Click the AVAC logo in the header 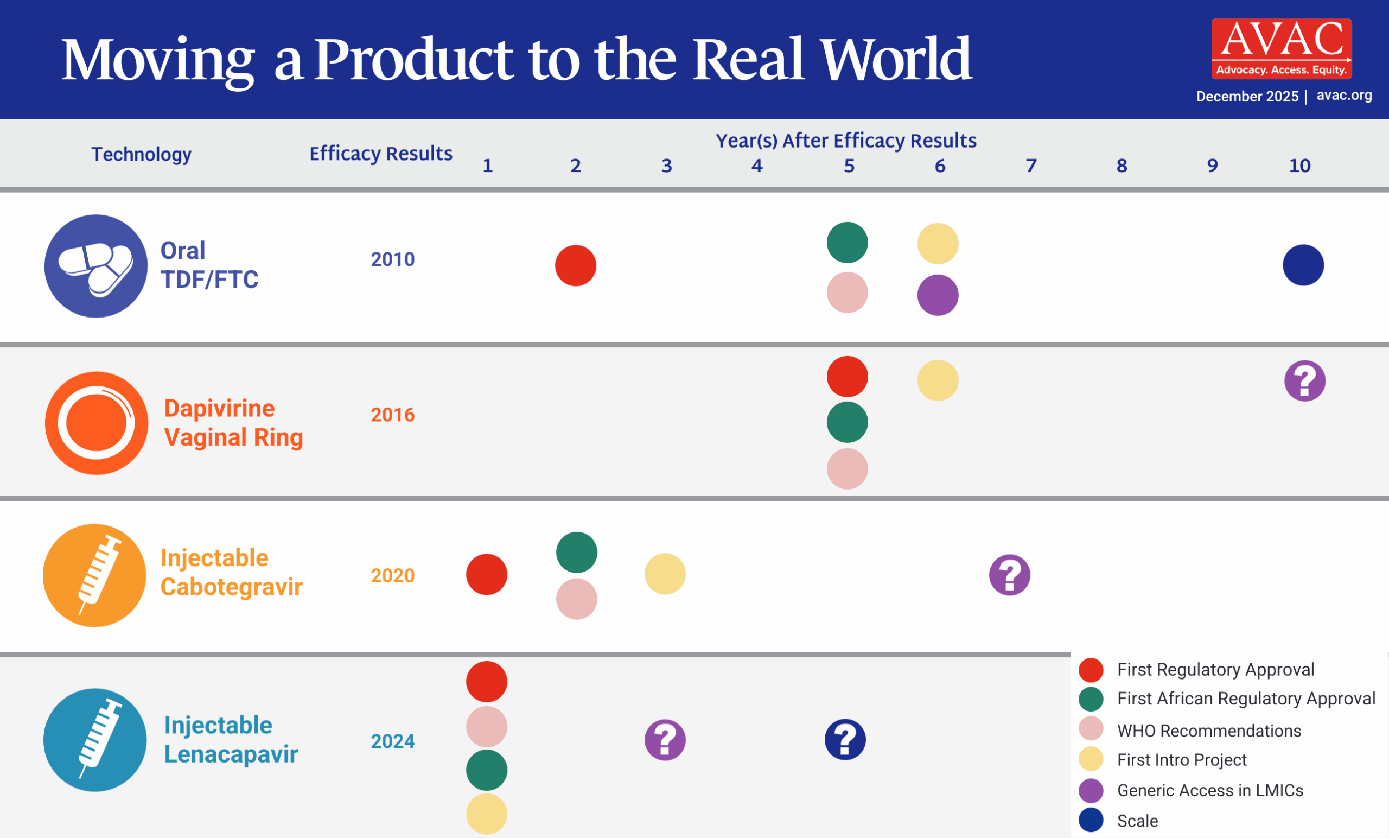click(1281, 48)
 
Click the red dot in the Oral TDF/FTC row click(576, 265)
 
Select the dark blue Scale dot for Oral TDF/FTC click(1303, 265)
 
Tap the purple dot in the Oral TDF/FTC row click(938, 295)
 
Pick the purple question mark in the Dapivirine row click(1304, 380)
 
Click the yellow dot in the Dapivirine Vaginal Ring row click(938, 380)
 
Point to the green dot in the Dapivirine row click(847, 422)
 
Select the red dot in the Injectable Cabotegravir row click(487, 575)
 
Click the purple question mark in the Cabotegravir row click(1009, 575)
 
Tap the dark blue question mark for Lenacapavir click(845, 740)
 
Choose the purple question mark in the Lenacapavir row click(665, 740)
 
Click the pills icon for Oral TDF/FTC click(96, 266)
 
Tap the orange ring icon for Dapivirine click(97, 423)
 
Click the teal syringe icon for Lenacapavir click(95, 740)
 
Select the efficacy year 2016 click(392, 415)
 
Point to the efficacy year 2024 click(392, 741)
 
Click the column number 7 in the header click(1030, 166)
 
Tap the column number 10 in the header click(1299, 166)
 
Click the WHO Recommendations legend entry click(1209, 731)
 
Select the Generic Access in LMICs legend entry click(1210, 791)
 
